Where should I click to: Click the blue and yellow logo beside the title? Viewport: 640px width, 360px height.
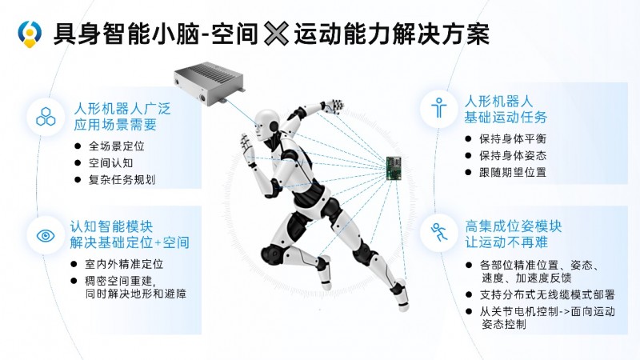point(30,34)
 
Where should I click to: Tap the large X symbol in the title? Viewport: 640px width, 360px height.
point(276,34)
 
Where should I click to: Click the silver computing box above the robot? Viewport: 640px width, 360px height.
point(209,83)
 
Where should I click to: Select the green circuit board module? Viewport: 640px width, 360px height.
point(394,168)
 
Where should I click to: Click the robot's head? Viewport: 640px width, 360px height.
point(266,124)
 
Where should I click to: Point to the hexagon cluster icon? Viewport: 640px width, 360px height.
point(46,117)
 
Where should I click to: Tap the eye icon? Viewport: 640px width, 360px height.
point(46,235)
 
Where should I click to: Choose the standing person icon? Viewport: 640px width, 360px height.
point(438,108)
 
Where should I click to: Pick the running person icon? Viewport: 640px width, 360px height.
point(439,232)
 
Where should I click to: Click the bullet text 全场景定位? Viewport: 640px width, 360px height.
point(116,146)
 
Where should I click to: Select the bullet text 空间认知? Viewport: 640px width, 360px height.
point(110,163)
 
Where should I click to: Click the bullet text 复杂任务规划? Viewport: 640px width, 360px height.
point(122,179)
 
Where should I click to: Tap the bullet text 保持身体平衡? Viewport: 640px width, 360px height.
point(513,138)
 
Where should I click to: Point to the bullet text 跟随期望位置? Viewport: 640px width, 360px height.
point(513,172)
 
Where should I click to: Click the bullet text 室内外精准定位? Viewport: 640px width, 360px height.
point(124,264)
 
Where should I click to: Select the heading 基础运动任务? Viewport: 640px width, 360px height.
point(506,118)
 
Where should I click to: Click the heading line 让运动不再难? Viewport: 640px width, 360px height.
point(506,242)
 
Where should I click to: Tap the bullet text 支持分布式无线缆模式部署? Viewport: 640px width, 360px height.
point(547,294)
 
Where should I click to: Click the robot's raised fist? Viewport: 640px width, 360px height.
point(333,106)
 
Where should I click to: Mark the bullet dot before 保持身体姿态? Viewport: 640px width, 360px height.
point(468,155)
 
